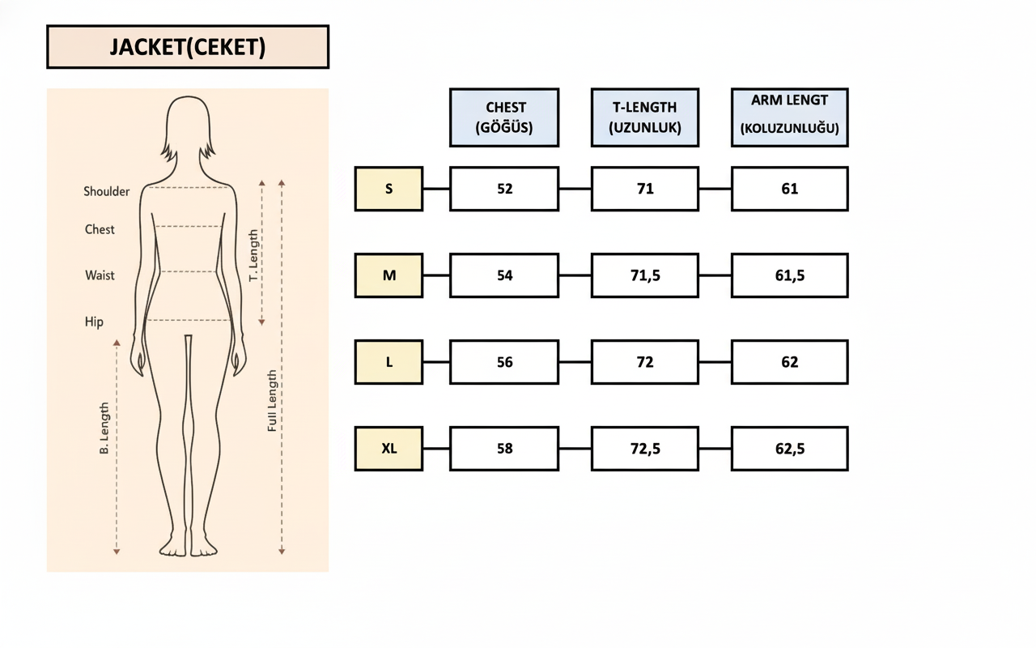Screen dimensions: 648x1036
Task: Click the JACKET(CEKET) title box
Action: click(188, 47)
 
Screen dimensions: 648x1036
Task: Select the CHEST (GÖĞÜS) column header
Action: click(504, 117)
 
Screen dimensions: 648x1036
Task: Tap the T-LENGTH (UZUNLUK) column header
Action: click(645, 117)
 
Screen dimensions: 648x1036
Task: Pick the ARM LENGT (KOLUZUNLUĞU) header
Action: click(790, 117)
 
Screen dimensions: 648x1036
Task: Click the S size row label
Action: click(388, 189)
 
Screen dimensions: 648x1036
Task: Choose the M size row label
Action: click(388, 275)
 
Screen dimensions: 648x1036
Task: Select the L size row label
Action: click(388, 362)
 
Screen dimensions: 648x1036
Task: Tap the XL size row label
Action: click(388, 449)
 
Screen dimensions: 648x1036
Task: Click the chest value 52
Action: click(504, 189)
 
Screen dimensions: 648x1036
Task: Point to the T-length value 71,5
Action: click(645, 275)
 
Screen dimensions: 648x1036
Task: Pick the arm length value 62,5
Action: click(790, 449)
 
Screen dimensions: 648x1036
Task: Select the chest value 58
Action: click(504, 449)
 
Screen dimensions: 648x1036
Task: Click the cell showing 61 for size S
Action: click(790, 189)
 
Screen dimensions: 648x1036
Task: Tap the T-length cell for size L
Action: click(645, 362)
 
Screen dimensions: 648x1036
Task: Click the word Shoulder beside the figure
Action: click(106, 192)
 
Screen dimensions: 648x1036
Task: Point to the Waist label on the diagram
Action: click(100, 275)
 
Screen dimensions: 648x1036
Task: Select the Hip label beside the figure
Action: click(94, 322)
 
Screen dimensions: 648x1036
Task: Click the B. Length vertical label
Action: click(104, 428)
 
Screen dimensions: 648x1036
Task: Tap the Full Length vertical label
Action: click(273, 400)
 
